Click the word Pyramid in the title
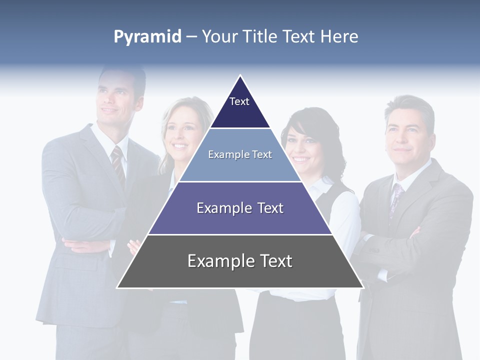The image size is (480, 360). pyautogui.click(x=147, y=37)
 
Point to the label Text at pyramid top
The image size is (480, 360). pyautogui.click(x=239, y=101)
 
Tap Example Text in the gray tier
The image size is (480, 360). pyautogui.click(x=240, y=261)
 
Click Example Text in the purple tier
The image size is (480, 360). pyautogui.click(x=240, y=208)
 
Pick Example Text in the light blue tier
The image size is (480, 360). pyautogui.click(x=240, y=154)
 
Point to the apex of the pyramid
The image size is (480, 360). pyautogui.click(x=240, y=76)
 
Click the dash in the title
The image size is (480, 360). pyautogui.click(x=191, y=37)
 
